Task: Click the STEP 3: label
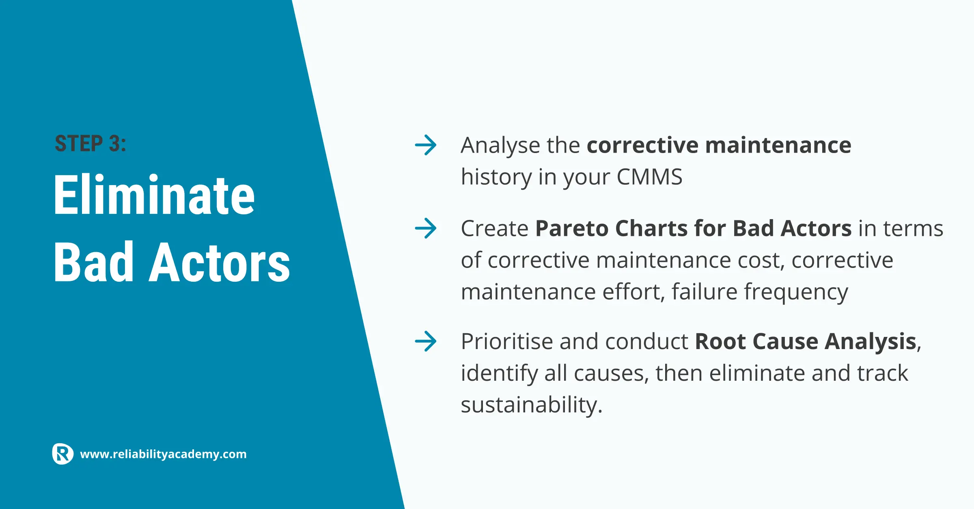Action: point(91,144)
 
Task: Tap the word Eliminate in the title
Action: point(154,195)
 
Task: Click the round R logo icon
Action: point(63,454)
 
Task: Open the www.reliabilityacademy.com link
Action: point(163,454)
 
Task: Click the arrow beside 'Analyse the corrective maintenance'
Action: point(426,145)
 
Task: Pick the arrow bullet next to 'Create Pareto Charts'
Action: point(426,228)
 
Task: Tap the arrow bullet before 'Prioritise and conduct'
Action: point(426,341)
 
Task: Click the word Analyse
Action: point(500,146)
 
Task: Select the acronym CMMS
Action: point(649,177)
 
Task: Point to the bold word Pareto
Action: point(572,228)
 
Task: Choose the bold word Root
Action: point(720,341)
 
